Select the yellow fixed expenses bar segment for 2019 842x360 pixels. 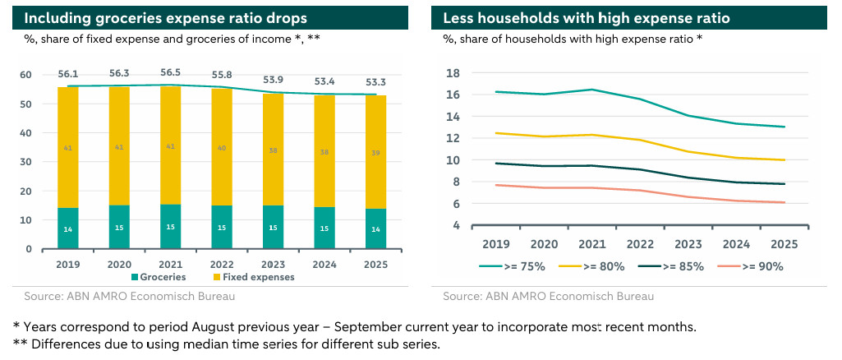[68, 148]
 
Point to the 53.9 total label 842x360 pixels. [274, 80]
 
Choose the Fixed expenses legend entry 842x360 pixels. [257, 278]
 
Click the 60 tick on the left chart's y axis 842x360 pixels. [26, 75]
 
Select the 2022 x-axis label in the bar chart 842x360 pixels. [222, 265]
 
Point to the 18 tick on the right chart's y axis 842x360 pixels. [453, 73]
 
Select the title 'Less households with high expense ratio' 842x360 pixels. [587, 18]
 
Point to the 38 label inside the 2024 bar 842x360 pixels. [325, 152]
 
